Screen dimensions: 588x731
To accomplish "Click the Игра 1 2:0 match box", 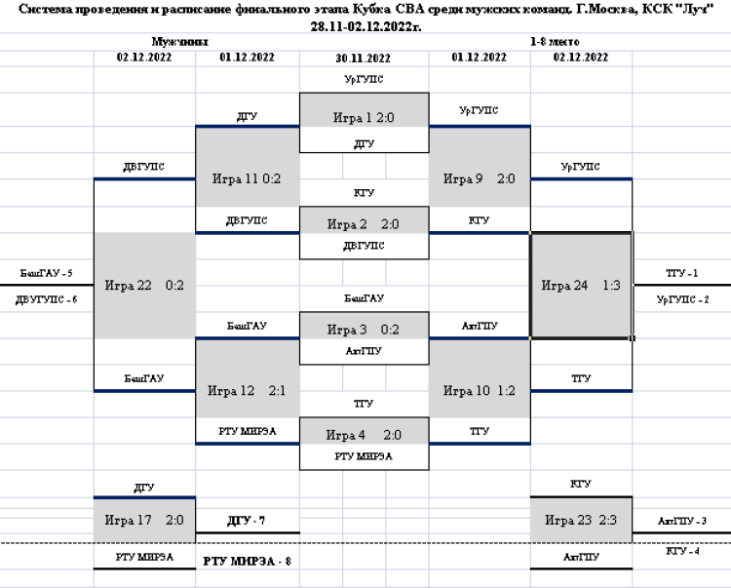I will click(364, 117).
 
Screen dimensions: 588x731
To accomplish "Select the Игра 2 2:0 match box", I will click(364, 223).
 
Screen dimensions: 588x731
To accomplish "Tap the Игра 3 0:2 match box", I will click(364, 329).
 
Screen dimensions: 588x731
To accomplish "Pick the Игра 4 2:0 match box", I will click(364, 435).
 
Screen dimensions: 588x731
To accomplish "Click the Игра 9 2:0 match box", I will click(479, 178).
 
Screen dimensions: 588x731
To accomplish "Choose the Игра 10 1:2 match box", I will click(479, 391).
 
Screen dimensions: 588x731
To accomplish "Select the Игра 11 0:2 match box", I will click(247, 178).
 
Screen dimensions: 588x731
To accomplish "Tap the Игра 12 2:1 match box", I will click(247, 391).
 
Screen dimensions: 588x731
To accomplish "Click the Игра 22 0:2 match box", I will click(144, 285).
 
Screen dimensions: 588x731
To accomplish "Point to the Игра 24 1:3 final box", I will click(581, 285).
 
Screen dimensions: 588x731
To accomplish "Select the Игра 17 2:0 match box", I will click(144, 520).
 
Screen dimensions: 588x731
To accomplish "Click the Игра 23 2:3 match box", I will click(581, 520).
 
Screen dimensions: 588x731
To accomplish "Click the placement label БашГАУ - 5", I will click(47, 274).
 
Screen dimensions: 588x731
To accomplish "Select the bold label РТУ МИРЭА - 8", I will click(248, 562).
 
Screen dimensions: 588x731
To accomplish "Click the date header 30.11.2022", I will click(363, 59).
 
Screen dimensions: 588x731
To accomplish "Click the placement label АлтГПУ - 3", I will click(682, 522).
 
